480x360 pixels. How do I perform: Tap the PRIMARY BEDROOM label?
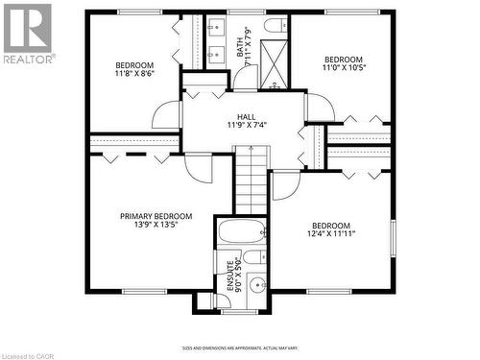156,217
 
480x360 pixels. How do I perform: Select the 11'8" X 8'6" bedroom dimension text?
135,73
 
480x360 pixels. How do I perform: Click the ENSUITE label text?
229,276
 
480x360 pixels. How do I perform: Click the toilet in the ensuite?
254,257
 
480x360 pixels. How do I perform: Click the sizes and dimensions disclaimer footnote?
239,348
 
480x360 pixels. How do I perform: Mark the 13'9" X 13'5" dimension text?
156,228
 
